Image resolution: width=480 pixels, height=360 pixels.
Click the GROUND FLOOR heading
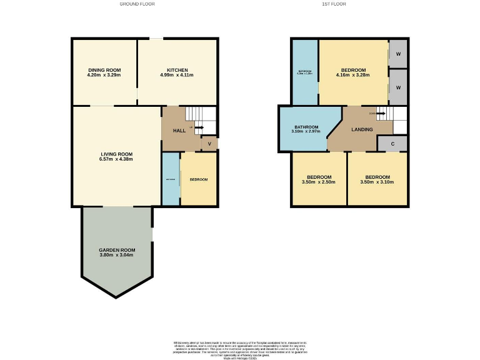pos(137,4)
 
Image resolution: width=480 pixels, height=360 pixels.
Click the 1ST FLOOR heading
pos(334,4)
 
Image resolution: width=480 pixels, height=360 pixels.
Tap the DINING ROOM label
pos(104,70)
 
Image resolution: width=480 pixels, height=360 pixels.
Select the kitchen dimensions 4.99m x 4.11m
pos(177,75)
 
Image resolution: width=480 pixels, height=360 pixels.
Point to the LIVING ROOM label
pos(117,154)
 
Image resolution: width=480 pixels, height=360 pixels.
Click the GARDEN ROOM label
pos(117,250)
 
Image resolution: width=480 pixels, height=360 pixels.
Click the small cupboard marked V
pos(209,144)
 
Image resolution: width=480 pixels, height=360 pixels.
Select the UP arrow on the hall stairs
pos(198,127)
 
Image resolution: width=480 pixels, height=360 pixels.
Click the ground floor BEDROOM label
pos(198,180)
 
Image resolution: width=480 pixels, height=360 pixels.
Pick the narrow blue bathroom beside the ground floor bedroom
pos(171,179)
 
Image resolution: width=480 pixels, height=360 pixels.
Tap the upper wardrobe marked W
pos(397,53)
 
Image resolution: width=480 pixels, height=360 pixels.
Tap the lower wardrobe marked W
pos(397,87)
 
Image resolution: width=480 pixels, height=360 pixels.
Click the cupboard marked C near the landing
pos(392,144)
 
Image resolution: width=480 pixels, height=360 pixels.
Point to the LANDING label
pos(362,130)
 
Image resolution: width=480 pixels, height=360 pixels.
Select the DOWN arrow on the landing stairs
pos(377,114)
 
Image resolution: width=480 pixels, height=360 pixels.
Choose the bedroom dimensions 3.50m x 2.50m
pos(318,182)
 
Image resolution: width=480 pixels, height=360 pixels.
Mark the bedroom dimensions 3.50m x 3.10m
pos(377,182)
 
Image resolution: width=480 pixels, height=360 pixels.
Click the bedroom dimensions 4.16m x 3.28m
pos(353,75)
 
